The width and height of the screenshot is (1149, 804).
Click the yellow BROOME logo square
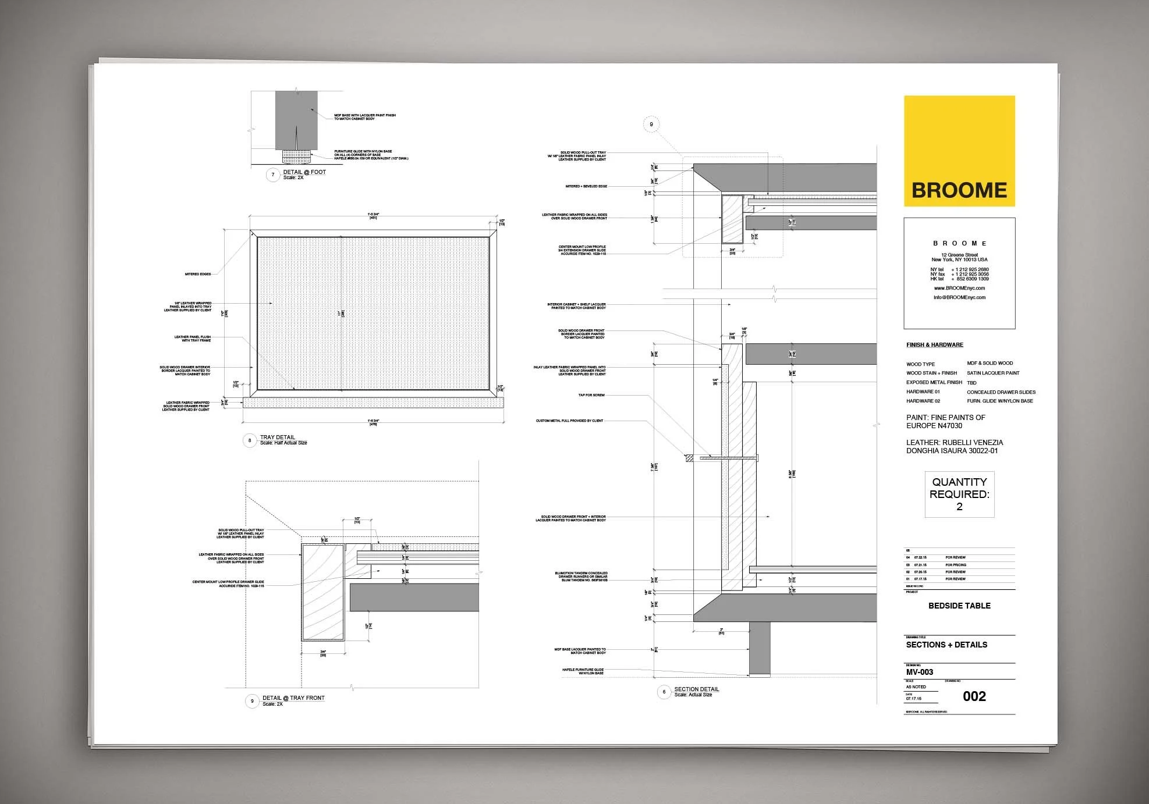pos(959,151)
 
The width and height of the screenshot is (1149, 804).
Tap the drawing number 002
pos(974,696)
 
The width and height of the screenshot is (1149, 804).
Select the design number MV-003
pos(920,672)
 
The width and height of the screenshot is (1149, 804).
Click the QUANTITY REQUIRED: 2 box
pos(959,494)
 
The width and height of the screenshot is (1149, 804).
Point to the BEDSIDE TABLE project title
pos(959,606)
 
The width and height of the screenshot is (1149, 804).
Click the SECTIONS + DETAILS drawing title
pos(946,645)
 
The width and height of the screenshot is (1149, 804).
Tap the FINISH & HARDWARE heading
pos(935,345)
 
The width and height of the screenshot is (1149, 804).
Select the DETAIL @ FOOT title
pos(304,172)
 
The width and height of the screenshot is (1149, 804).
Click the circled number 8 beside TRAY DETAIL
pos(250,440)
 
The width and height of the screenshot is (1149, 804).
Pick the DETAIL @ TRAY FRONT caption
pos(293,698)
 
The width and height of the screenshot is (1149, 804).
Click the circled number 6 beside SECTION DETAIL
pos(664,692)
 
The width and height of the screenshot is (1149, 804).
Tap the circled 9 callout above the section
pos(651,124)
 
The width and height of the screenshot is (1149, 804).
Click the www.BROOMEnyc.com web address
pos(959,288)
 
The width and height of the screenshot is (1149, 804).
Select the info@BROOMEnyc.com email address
pos(959,297)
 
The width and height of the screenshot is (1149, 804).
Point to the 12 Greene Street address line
pos(959,255)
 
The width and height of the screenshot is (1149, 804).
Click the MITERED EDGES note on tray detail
pos(198,274)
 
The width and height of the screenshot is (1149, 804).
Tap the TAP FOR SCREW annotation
pos(591,395)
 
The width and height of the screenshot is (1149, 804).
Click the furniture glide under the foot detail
pos(296,156)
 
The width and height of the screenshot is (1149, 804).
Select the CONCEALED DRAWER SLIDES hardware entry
pos(1001,392)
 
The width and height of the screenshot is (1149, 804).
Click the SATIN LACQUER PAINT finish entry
pos(993,373)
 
